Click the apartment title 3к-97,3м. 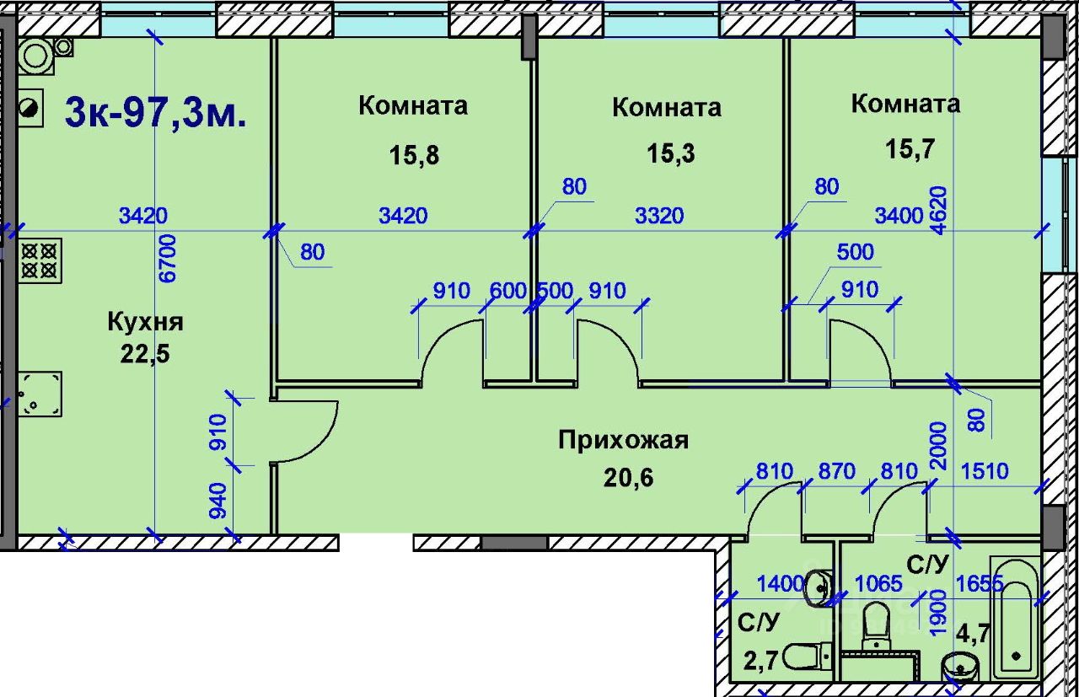pyautogui.click(x=155, y=113)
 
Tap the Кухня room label pyautogui.click(x=146, y=322)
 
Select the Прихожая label pyautogui.click(x=623, y=441)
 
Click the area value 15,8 pyautogui.click(x=414, y=156)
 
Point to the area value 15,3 pyautogui.click(x=670, y=154)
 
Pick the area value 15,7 pyautogui.click(x=910, y=148)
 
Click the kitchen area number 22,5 pyautogui.click(x=145, y=355)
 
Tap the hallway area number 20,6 pyautogui.click(x=629, y=477)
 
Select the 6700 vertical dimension pyautogui.click(x=168, y=258)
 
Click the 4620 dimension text pyautogui.click(x=939, y=211)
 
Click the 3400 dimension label pyautogui.click(x=899, y=216)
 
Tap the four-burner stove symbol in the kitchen pyautogui.click(x=40, y=260)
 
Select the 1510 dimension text pyautogui.click(x=985, y=471)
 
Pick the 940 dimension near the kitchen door pyautogui.click(x=217, y=501)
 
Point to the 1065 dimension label pyautogui.click(x=878, y=584)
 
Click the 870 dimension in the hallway pyautogui.click(x=837, y=471)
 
